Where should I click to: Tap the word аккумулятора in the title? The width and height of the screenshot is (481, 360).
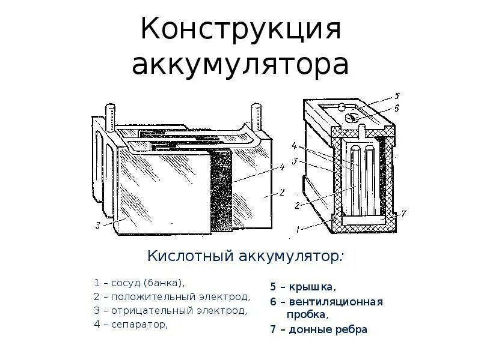(240, 64)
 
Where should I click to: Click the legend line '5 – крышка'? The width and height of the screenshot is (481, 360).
(302, 287)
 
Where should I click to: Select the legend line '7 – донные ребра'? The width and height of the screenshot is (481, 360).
(318, 329)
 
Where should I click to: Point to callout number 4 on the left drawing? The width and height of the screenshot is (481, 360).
(281, 167)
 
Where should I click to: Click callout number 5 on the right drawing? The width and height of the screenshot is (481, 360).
(396, 95)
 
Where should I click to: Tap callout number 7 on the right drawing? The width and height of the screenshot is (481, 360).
(404, 212)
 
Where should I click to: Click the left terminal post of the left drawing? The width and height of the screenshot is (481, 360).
(110, 117)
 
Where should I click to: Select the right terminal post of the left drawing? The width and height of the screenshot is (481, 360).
(254, 115)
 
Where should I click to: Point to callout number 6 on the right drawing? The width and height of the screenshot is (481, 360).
(396, 108)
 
